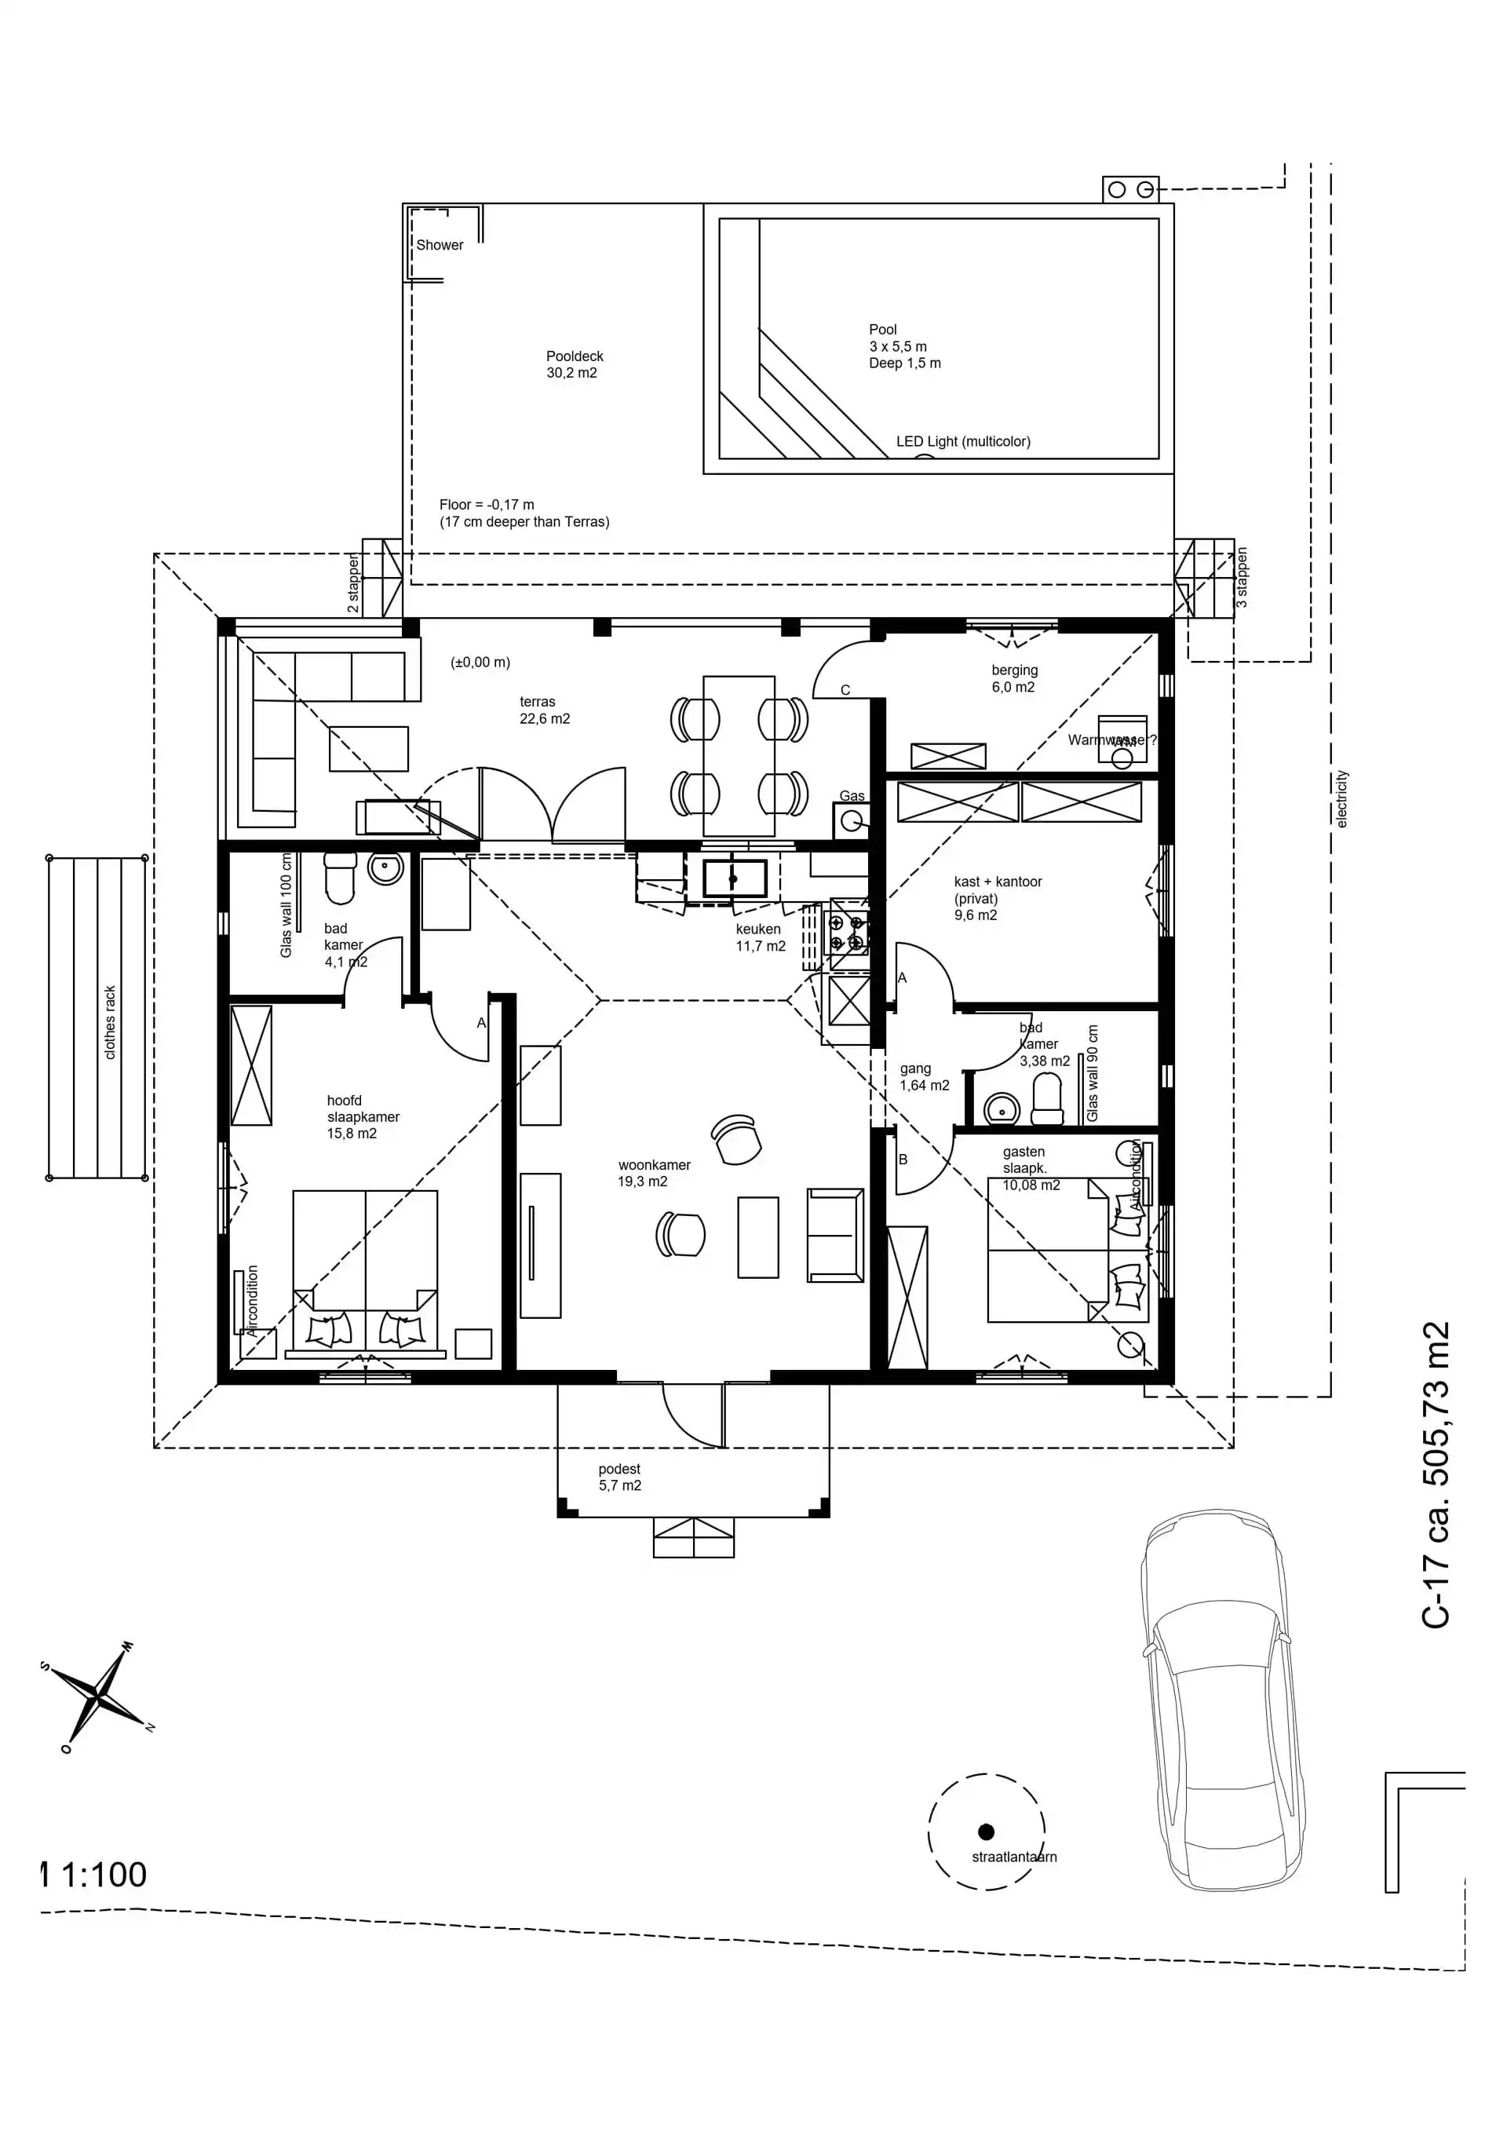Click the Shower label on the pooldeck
pos(439,245)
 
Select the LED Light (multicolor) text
pos(962,441)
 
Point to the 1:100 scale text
pos(102,1874)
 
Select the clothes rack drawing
pos(97,1017)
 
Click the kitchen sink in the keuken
pos(734,878)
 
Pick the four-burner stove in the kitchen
pos(846,933)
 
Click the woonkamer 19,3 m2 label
pos(653,1172)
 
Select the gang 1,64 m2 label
pos(924,1077)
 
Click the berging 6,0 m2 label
pos(1013,678)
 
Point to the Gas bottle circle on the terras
pos(849,820)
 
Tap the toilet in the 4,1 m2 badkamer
pos(340,878)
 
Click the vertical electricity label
pos(1341,798)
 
